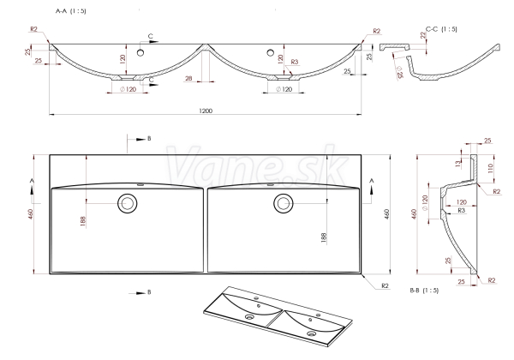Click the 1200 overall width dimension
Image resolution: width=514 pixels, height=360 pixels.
pos(206,111)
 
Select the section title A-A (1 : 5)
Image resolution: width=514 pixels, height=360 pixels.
pos(71,11)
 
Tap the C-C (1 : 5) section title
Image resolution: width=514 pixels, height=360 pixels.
pos(441,29)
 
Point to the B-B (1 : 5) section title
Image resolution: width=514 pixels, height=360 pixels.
pos(424,291)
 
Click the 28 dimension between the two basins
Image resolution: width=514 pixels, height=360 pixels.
pos(188,78)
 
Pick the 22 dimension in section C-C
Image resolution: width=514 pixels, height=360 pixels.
pos(423,35)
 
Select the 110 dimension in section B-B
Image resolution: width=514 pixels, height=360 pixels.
pos(490,169)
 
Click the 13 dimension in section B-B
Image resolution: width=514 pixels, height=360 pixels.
pos(458,163)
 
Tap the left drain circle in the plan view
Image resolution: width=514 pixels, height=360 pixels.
pos(127,203)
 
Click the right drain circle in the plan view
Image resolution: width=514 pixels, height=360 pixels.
pos(284,203)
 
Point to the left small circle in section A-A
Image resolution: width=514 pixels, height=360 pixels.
pos(140,52)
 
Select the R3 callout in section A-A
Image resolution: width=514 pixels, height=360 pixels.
pos(295,62)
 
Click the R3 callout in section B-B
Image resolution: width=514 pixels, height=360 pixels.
pos(461,210)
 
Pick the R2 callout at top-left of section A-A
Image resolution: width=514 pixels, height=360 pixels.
pos(33,29)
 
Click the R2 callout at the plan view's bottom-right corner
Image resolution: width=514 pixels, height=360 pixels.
pos(385,286)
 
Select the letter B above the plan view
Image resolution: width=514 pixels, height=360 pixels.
pos(149,139)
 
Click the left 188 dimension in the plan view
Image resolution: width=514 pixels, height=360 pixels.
pos(82,221)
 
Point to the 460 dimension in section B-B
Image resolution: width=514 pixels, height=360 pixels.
pos(415,214)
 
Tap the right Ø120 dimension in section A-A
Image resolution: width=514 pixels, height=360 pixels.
pos(284,89)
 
